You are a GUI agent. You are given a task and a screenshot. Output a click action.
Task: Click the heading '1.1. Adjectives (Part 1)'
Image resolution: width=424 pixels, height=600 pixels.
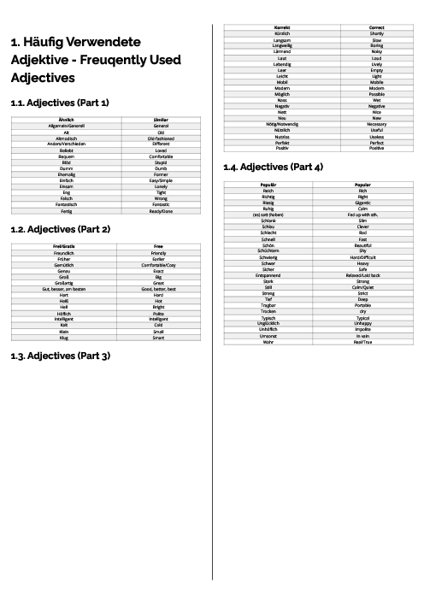(x=60, y=103)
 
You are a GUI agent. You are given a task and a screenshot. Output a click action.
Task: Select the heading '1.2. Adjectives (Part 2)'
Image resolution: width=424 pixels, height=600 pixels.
(x=60, y=229)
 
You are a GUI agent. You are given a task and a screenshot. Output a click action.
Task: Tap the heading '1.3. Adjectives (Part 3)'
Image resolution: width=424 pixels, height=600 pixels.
(x=60, y=355)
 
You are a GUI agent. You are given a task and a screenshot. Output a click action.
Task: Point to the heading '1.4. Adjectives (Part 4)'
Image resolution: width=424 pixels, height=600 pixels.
(x=273, y=166)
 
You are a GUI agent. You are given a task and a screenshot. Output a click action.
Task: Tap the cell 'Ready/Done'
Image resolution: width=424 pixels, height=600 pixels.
(x=160, y=211)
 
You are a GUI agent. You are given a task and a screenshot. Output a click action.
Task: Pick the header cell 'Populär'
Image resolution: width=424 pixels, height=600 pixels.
(x=268, y=184)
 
